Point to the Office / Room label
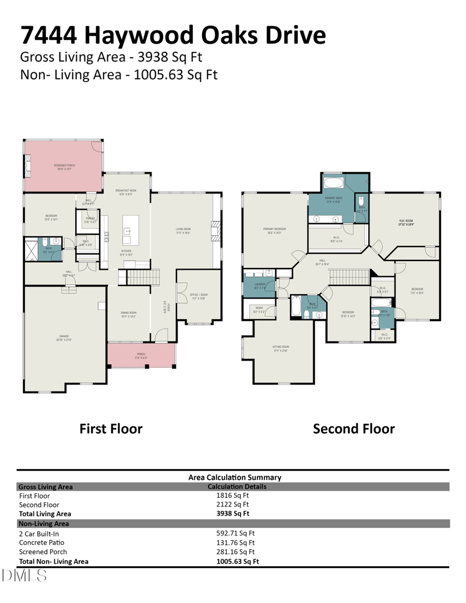coord(199,295)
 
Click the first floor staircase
coord(143,278)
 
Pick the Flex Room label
coord(406,221)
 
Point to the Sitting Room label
coord(280,348)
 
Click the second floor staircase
coord(349,277)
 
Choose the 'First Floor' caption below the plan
coord(111,429)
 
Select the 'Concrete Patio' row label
coord(43,542)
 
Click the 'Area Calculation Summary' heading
coord(235,477)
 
